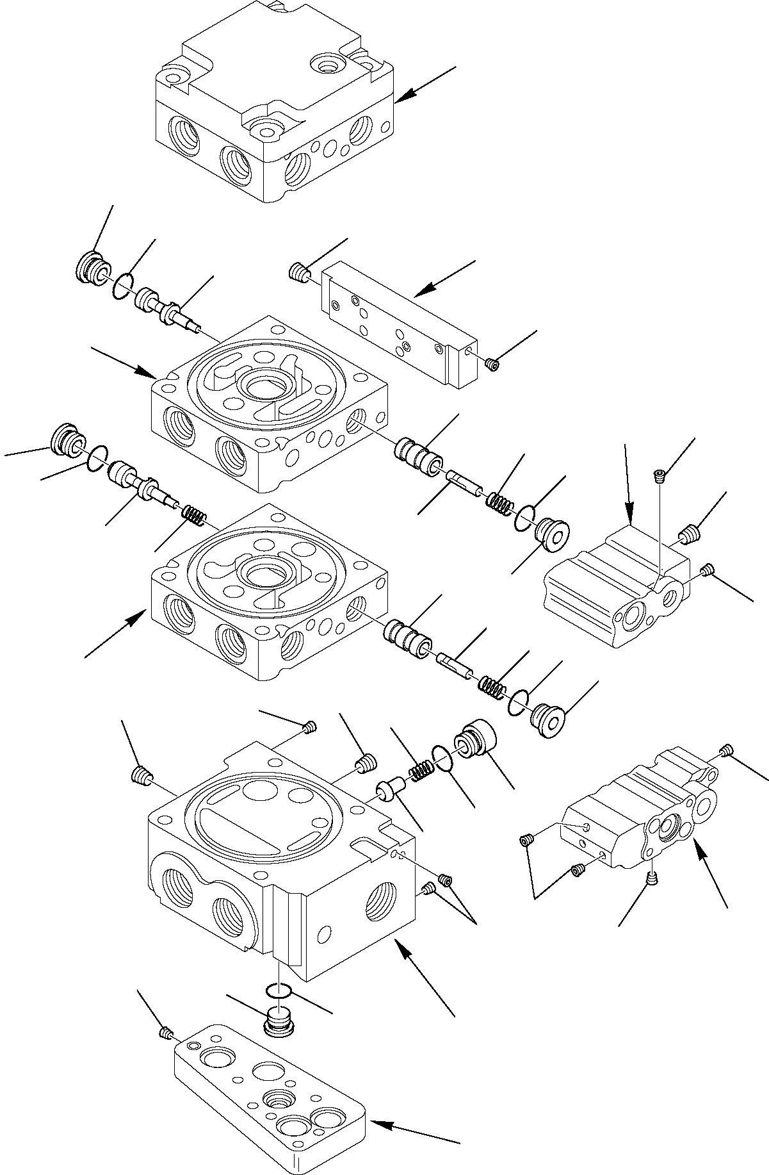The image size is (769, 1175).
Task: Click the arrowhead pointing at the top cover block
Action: pos(401,98)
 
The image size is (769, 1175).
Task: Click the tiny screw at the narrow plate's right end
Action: pos(492,365)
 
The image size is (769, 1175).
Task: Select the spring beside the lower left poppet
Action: pos(193,513)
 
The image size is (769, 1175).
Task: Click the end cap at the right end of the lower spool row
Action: pos(547,719)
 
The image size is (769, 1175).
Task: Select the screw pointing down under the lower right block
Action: pos(652,880)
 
